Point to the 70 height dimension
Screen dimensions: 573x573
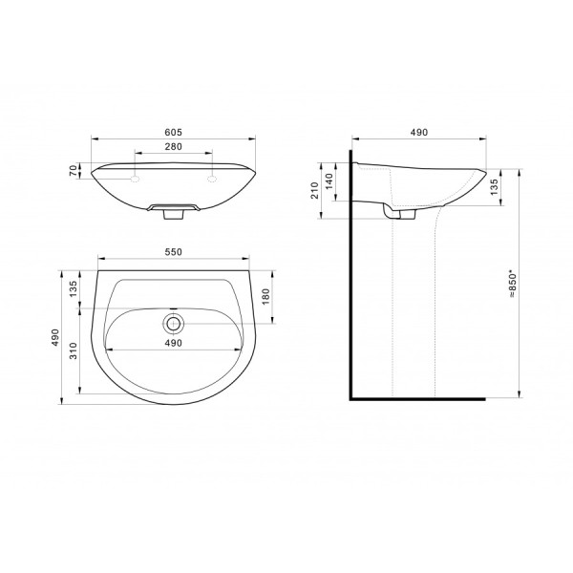pyautogui.click(x=74, y=172)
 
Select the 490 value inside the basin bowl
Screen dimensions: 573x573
pyautogui.click(x=174, y=342)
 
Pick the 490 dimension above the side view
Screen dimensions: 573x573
pyautogui.click(x=418, y=132)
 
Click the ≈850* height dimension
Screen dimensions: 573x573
pyautogui.click(x=514, y=284)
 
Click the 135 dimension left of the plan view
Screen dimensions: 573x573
pyautogui.click(x=74, y=289)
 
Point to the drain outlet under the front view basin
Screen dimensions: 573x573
pyautogui.click(x=174, y=215)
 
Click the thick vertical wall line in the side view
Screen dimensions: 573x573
pyautogui.click(x=351, y=286)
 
